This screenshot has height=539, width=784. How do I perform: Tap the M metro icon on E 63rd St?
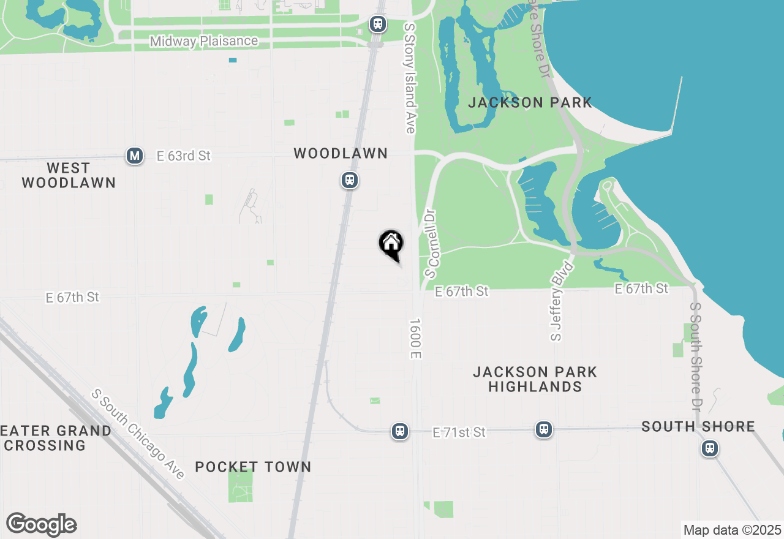pyautogui.click(x=135, y=156)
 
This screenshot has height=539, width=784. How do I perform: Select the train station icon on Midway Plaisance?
pyautogui.click(x=377, y=24)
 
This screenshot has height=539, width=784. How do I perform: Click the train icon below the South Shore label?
pyautogui.click(x=710, y=448)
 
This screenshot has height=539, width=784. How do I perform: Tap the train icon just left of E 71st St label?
pyautogui.click(x=400, y=431)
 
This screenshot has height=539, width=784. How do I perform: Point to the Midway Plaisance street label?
pyautogui.click(x=204, y=41)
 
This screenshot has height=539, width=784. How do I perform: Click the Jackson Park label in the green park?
pyautogui.click(x=530, y=102)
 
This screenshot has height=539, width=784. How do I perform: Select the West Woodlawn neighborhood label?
pyautogui.click(x=68, y=175)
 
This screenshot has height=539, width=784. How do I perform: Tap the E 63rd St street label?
pyautogui.click(x=184, y=156)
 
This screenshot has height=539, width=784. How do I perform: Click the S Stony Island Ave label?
pyautogui.click(x=409, y=78)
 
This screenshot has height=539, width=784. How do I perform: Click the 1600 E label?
pyautogui.click(x=415, y=339)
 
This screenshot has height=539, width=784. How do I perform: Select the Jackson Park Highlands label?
pyautogui.click(x=535, y=379)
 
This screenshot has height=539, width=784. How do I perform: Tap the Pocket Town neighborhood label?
pyautogui.click(x=253, y=467)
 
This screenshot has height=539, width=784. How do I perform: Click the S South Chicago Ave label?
pyautogui.click(x=138, y=434)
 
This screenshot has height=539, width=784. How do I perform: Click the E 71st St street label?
pyautogui.click(x=459, y=432)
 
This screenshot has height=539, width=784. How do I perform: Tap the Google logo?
pyautogui.click(x=42, y=524)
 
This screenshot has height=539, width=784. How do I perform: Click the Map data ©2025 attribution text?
pyautogui.click(x=732, y=530)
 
